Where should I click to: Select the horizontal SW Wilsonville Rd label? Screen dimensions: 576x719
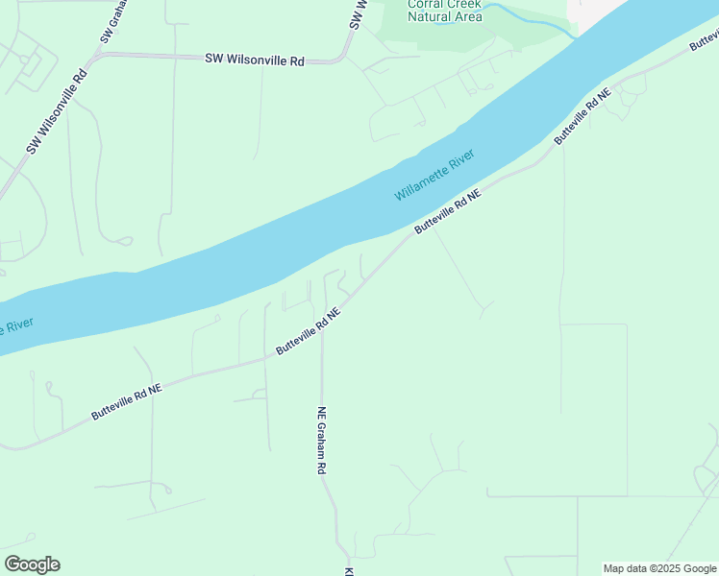pyautogui.click(x=254, y=60)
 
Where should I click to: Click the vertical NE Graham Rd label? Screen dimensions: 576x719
pyautogui.click(x=322, y=441)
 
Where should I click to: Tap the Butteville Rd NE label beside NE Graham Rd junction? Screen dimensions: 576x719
pyautogui.click(x=308, y=331)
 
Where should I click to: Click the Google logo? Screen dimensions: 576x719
pyautogui.click(x=32, y=564)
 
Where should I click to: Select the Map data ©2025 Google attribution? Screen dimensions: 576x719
pyautogui.click(x=659, y=568)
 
